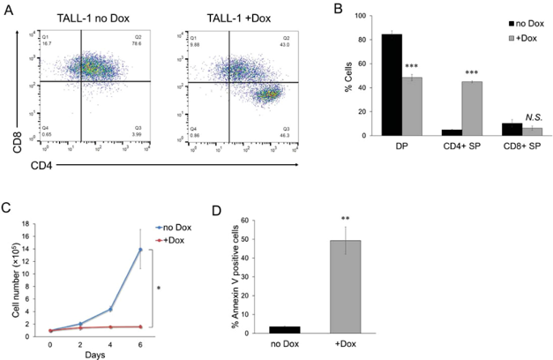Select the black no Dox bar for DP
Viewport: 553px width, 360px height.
click(x=392, y=85)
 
